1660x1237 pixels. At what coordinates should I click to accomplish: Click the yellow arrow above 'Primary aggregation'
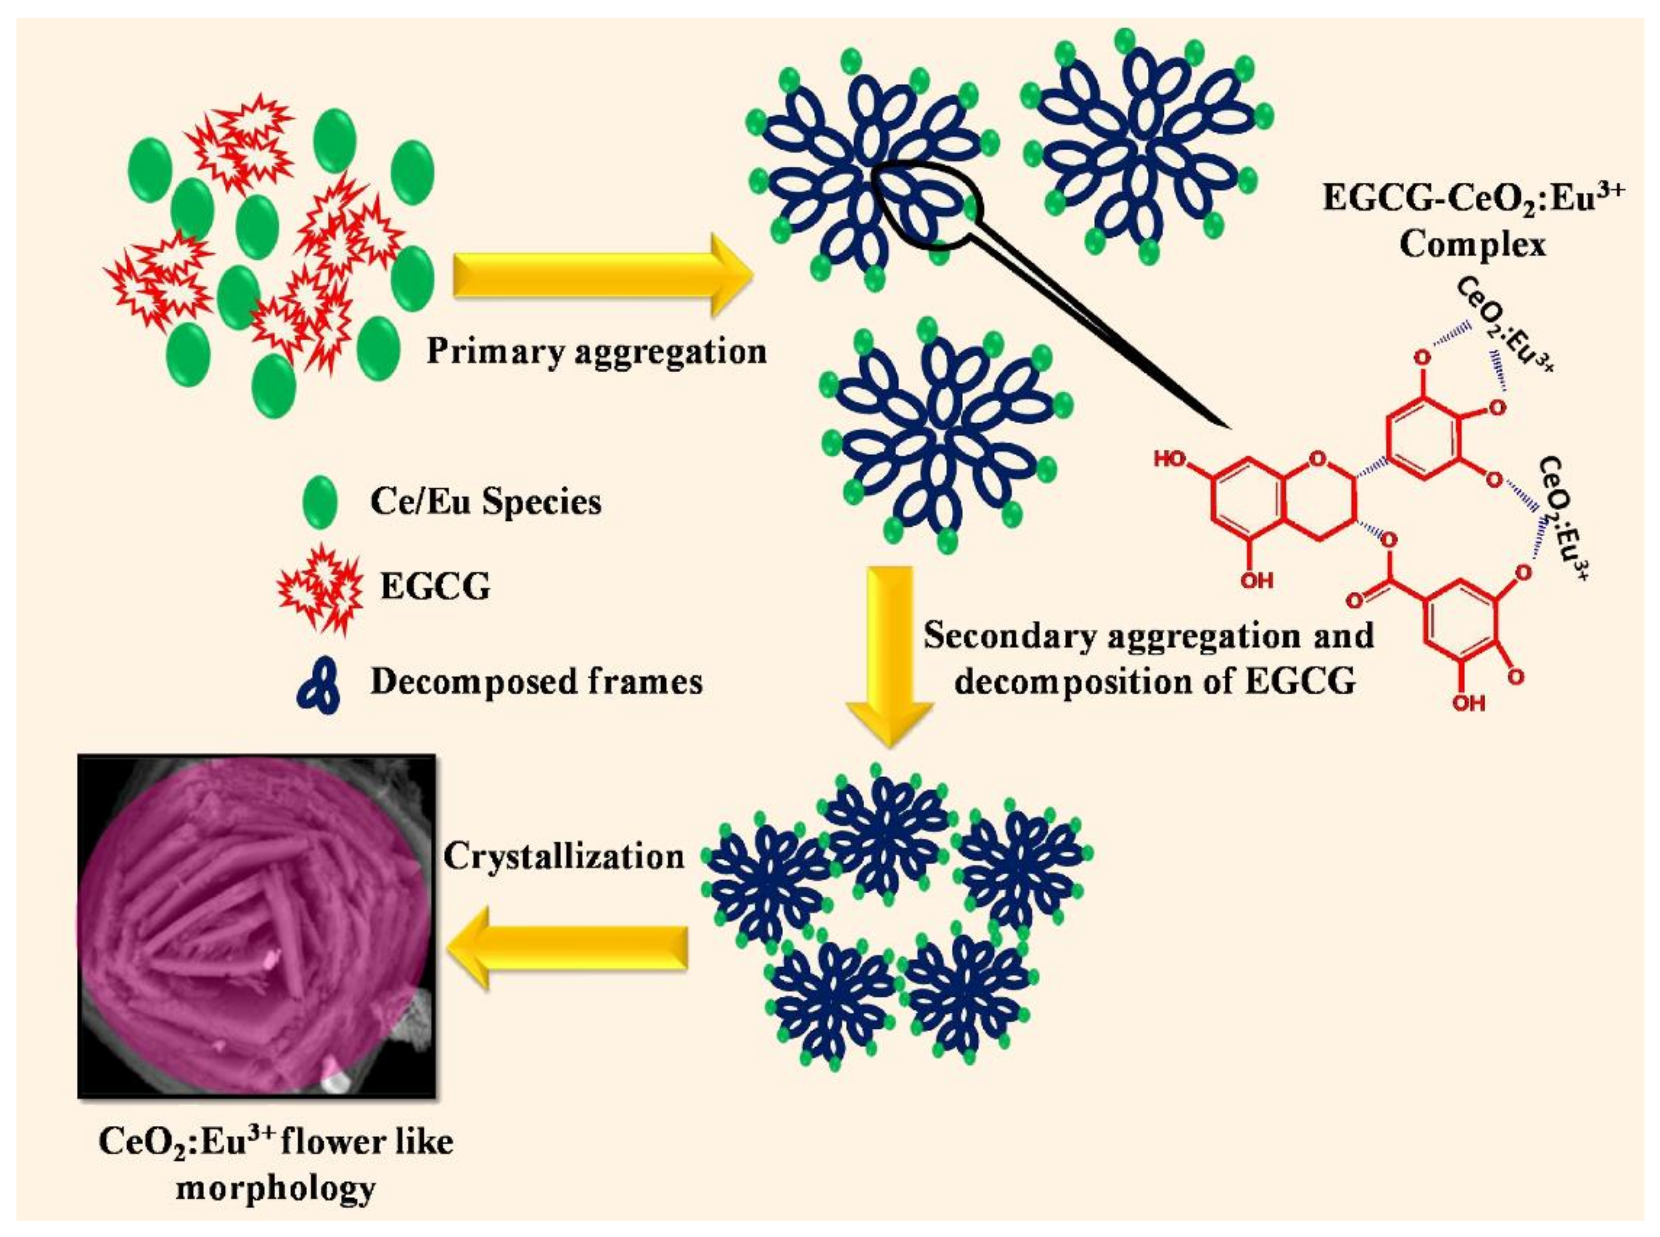(x=599, y=276)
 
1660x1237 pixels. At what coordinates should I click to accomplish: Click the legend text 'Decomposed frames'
(x=536, y=682)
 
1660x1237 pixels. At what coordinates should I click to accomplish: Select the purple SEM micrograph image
(x=257, y=926)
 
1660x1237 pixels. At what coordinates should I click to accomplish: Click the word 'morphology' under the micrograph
(x=276, y=1188)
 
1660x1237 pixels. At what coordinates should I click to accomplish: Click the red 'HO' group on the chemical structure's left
(x=1170, y=459)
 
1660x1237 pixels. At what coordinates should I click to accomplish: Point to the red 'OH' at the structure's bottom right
(x=1468, y=703)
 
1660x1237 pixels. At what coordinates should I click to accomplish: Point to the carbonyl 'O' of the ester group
(x=1354, y=599)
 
